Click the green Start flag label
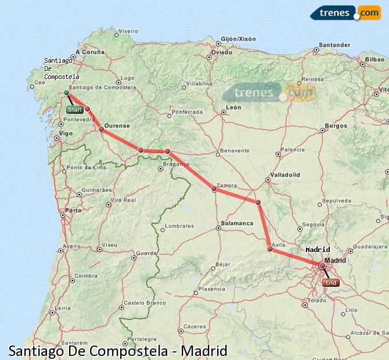74,110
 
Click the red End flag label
330,283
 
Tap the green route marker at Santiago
67,92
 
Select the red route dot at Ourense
102,129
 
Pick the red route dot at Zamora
214,188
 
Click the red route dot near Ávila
270,249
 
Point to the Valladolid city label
284,174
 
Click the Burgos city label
336,125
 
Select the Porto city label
74,210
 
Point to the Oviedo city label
222,52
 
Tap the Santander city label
335,45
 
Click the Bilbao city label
375,59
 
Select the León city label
234,107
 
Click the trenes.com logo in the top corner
345,12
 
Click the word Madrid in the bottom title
204,351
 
